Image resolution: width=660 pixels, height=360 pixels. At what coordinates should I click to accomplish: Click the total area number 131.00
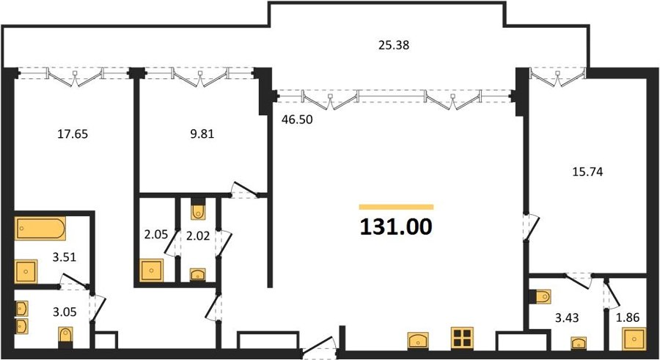click(x=396, y=227)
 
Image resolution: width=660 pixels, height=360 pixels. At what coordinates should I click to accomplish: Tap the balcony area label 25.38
click(x=394, y=45)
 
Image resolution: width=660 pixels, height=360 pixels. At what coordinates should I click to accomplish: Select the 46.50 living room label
click(x=297, y=120)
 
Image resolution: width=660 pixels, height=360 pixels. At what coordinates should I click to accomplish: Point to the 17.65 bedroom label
click(x=73, y=134)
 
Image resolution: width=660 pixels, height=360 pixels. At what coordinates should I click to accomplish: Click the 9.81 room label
click(x=202, y=134)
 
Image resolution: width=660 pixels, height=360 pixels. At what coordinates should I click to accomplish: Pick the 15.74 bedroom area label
click(x=587, y=172)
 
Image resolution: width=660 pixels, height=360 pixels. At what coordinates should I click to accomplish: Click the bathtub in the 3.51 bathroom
click(x=40, y=229)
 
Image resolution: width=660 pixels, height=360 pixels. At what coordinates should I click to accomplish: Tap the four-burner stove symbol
click(x=462, y=338)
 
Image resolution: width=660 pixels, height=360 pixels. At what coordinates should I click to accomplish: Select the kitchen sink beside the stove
click(x=418, y=340)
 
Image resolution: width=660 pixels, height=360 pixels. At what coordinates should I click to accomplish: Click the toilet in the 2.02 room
click(x=198, y=210)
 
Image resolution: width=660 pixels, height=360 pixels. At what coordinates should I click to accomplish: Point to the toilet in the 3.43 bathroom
click(x=543, y=296)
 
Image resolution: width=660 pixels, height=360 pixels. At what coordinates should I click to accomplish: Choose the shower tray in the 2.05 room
click(x=152, y=271)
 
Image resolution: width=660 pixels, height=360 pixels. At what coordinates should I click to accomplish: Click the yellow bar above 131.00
click(x=396, y=207)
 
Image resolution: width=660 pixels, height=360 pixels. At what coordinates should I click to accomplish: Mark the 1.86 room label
click(x=628, y=317)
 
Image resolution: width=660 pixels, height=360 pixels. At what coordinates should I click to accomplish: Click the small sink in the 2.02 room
click(x=198, y=274)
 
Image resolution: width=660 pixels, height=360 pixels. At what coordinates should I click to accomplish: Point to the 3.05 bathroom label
click(x=65, y=312)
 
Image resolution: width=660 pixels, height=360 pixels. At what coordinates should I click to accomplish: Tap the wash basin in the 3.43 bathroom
click(x=579, y=343)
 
